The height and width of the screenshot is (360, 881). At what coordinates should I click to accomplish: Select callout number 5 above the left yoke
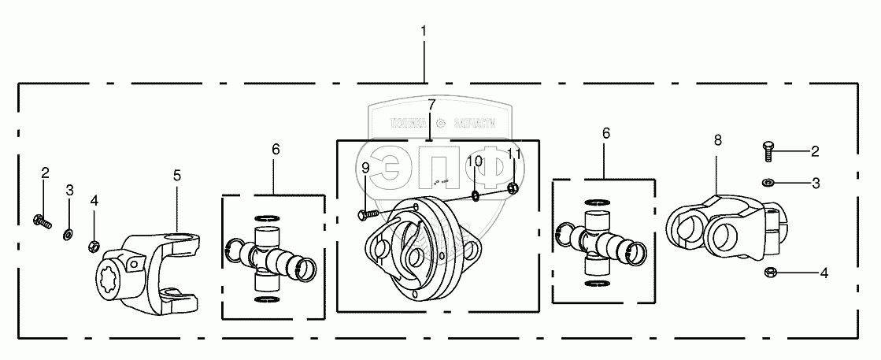(177, 175)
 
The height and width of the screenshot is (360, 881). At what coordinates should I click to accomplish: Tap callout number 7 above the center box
(431, 105)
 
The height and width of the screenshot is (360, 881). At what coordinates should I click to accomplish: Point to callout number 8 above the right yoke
(717, 140)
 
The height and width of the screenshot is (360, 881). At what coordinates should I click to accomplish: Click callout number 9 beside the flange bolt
(365, 168)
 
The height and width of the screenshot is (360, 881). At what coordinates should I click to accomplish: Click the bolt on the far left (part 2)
(40, 221)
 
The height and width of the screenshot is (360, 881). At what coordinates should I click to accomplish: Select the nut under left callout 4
(94, 245)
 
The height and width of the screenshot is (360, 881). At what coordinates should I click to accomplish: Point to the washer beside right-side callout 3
(767, 183)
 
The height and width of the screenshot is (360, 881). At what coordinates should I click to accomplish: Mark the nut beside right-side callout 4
(771, 273)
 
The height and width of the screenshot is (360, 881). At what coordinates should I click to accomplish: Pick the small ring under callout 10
(476, 195)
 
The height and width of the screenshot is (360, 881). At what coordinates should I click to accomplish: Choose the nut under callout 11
(513, 187)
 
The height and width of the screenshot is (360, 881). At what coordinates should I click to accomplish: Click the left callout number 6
(276, 149)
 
